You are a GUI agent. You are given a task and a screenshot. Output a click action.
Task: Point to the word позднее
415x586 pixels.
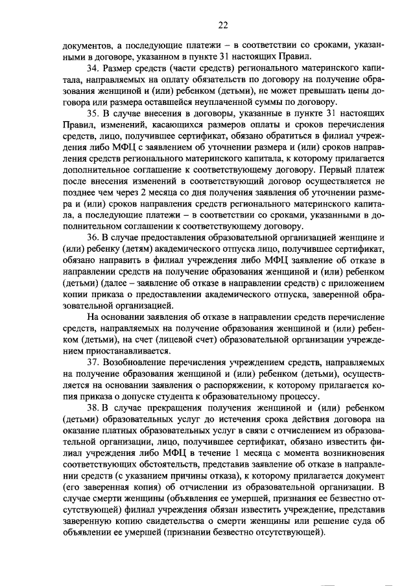[x=82, y=203]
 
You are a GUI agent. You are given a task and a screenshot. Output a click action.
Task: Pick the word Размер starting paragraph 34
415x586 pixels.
[x=118, y=67]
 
